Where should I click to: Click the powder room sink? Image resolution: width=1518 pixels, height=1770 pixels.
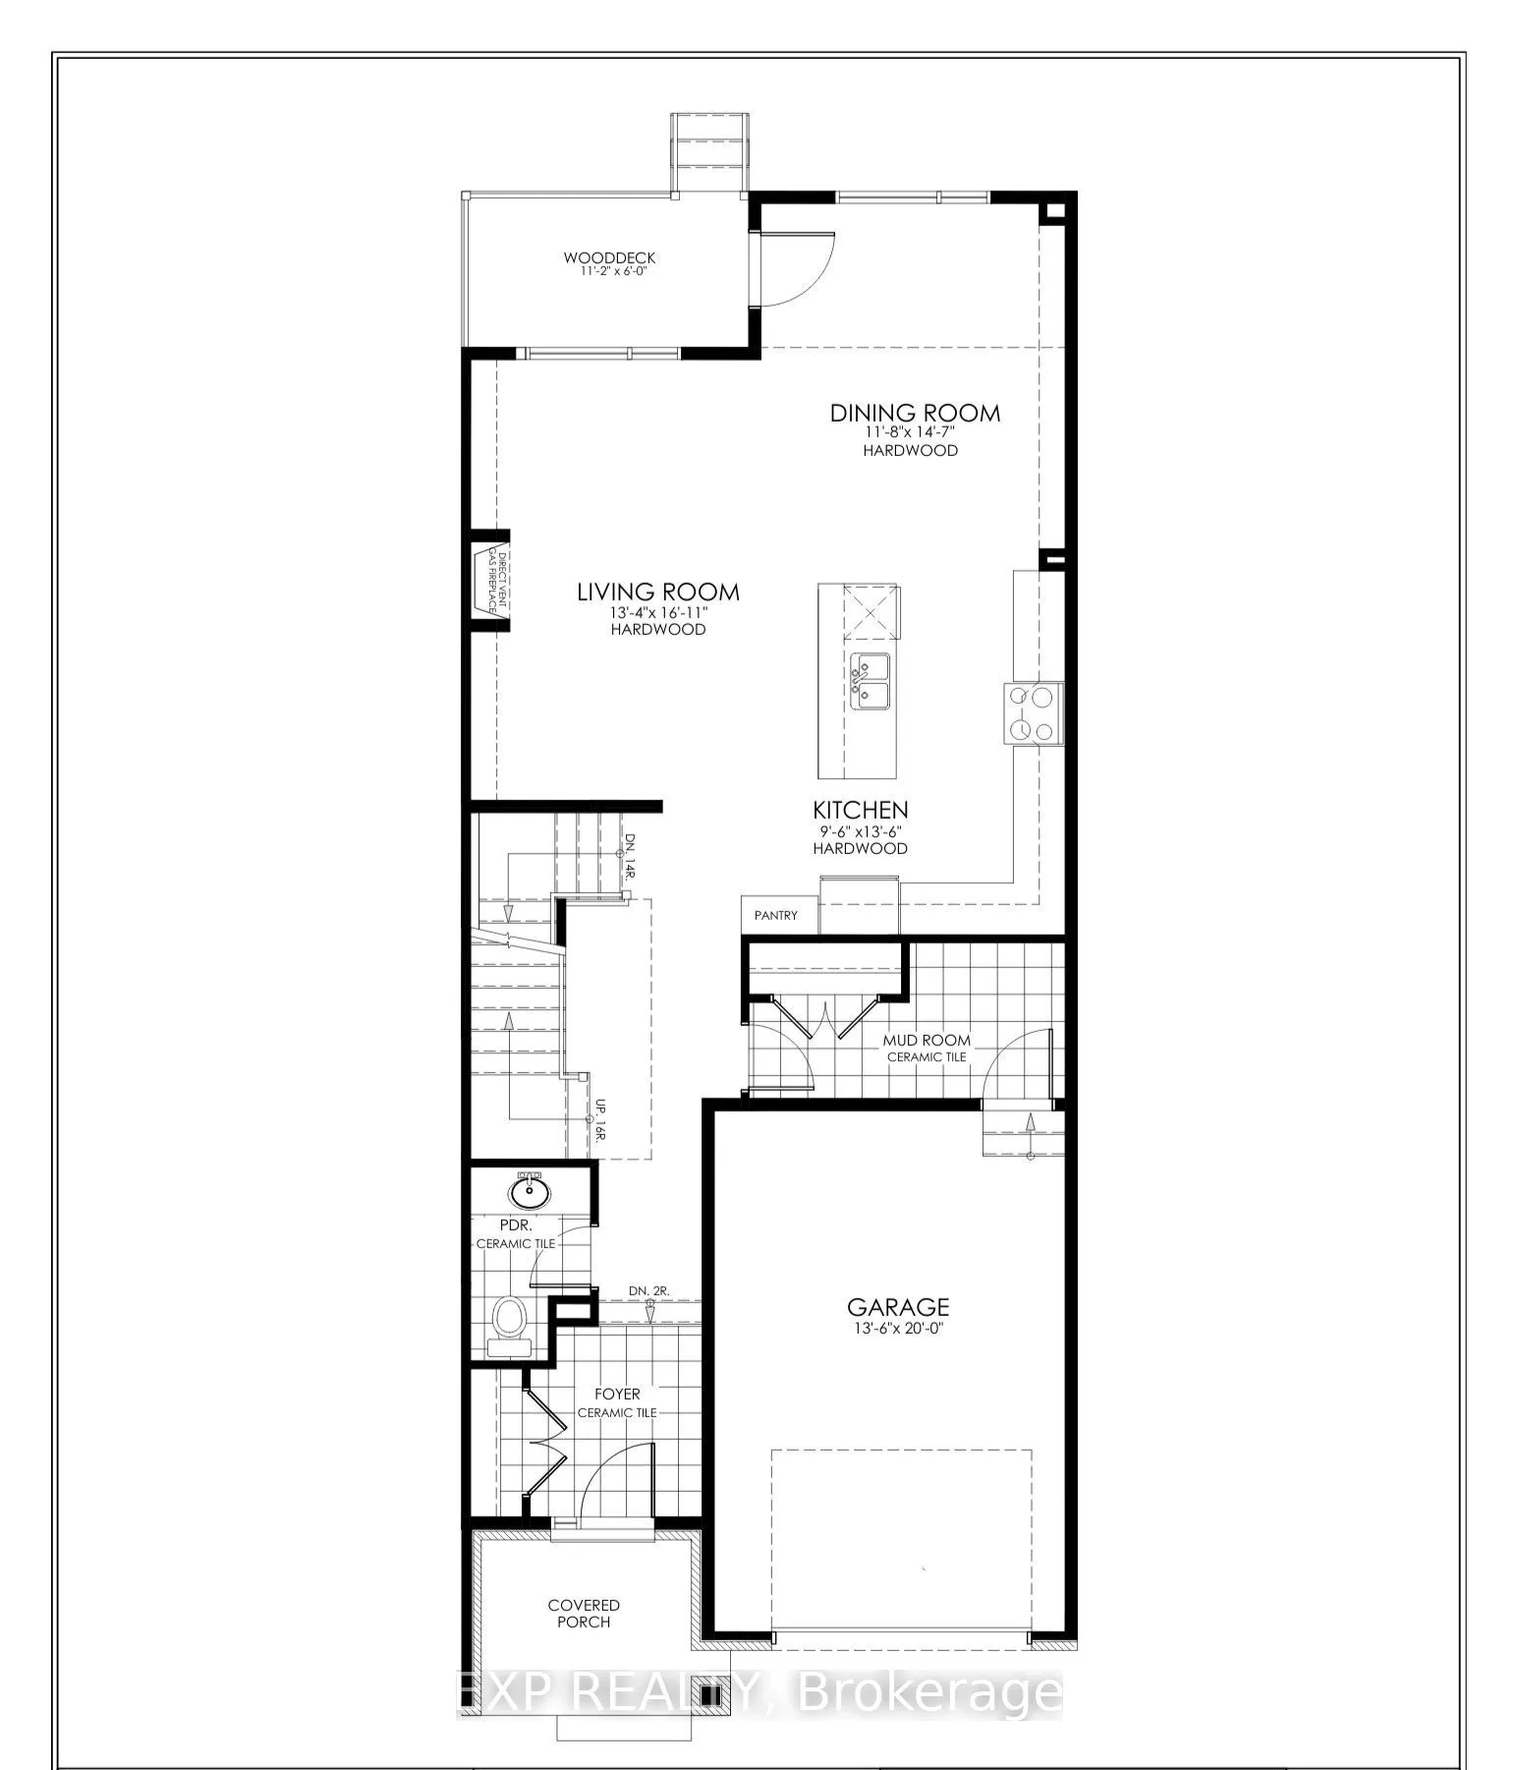point(531,1192)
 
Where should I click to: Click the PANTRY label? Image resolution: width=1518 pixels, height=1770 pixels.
point(776,915)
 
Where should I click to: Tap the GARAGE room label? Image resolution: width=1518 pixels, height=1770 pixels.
point(898,1306)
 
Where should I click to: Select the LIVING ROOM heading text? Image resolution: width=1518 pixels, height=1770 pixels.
point(657,592)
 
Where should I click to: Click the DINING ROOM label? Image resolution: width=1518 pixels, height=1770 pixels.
point(915,413)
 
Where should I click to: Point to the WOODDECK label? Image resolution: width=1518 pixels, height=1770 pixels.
point(609,257)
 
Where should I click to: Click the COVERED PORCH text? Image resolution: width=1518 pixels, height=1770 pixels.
point(584,1614)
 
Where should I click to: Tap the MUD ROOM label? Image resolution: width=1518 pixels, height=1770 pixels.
point(926,1040)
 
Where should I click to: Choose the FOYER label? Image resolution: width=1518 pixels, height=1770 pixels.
point(617,1394)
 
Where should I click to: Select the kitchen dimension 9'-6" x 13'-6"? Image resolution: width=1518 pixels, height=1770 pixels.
point(860,830)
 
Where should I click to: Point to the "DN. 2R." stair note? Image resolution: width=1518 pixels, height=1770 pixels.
point(649,1290)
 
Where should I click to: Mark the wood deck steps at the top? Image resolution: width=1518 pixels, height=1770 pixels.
point(709,153)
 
